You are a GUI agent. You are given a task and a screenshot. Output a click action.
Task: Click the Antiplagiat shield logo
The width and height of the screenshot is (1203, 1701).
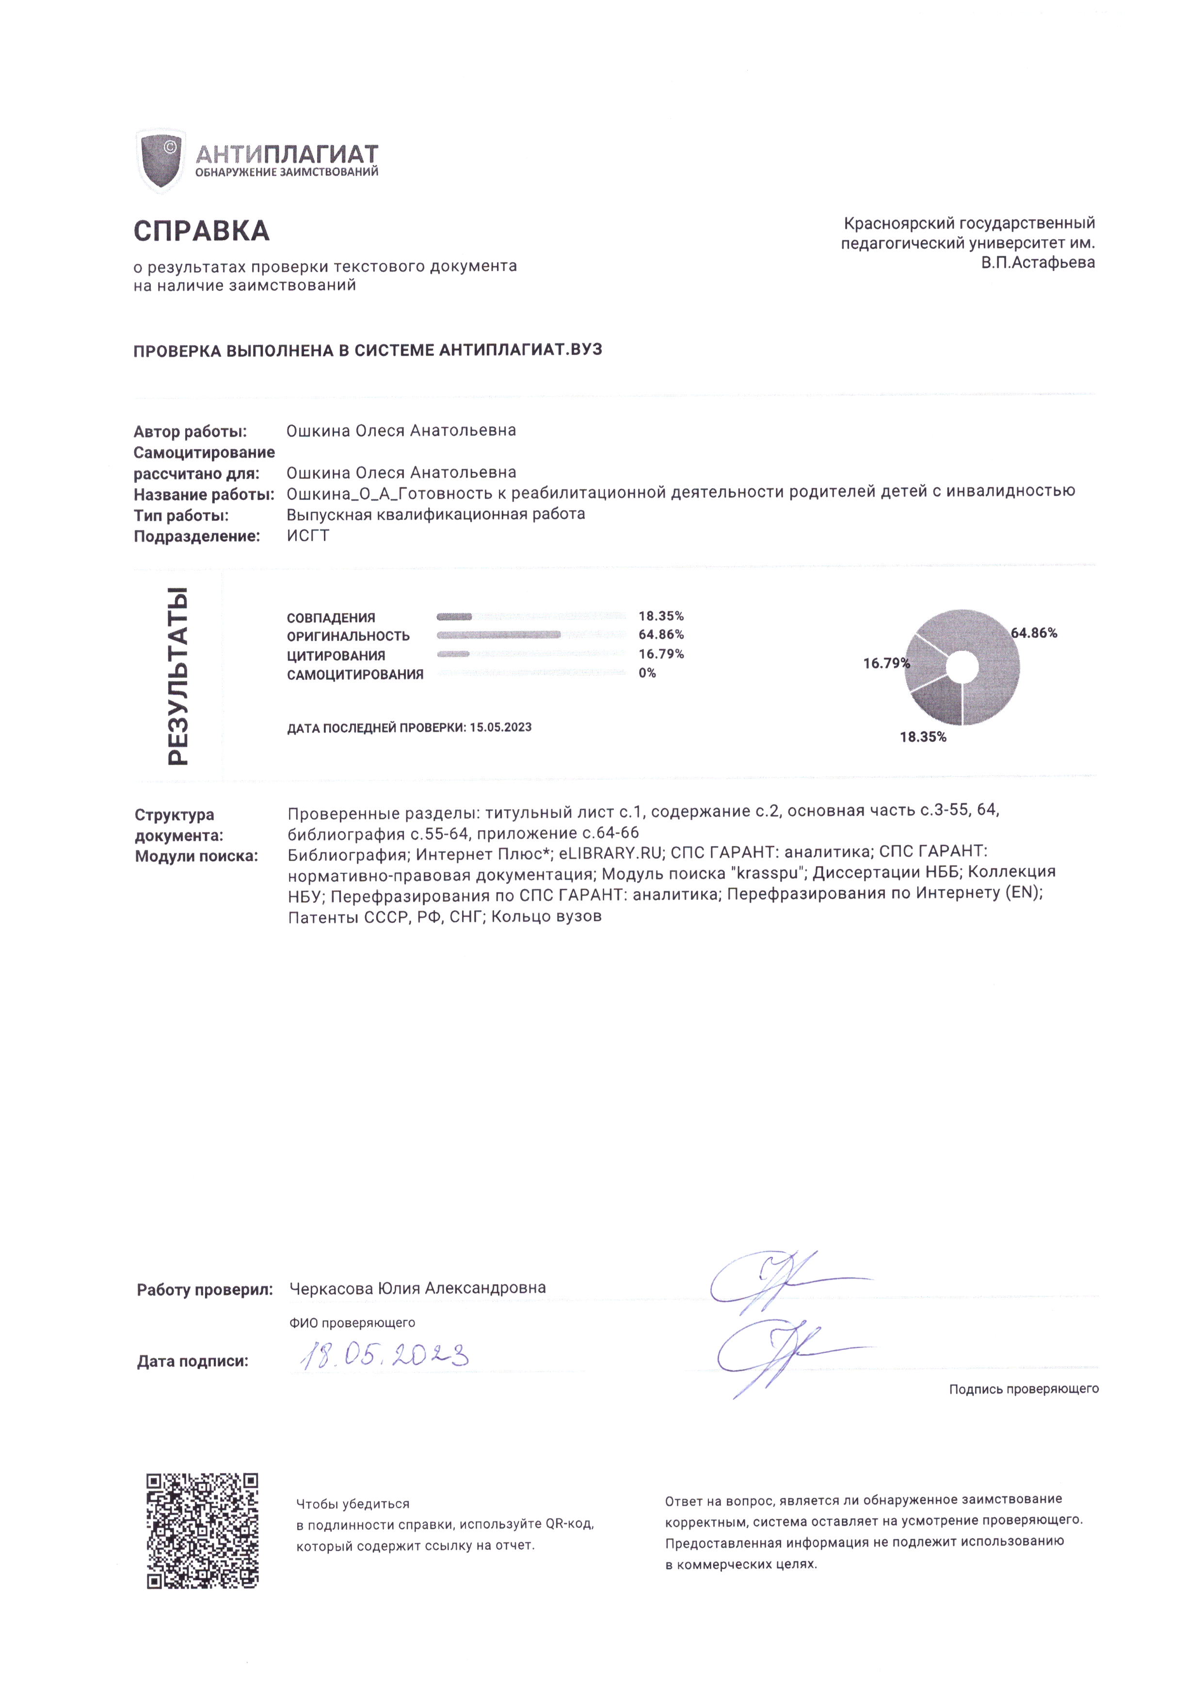pyautogui.click(x=161, y=161)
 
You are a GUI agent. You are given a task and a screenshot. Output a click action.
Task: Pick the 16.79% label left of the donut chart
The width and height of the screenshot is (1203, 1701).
pyautogui.click(x=885, y=663)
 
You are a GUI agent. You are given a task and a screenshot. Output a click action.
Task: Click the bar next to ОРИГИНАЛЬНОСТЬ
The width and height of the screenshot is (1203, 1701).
pyautogui.click(x=498, y=635)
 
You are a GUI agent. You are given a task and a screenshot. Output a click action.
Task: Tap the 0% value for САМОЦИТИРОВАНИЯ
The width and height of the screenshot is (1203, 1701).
pyautogui.click(x=647, y=673)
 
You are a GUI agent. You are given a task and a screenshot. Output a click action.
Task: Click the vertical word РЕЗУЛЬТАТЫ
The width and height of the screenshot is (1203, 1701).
pyautogui.click(x=178, y=675)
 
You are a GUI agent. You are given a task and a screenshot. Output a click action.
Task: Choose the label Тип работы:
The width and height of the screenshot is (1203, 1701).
pyautogui.click(x=181, y=515)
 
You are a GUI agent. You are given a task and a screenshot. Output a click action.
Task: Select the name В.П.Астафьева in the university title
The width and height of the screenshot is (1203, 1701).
pyautogui.click(x=1038, y=262)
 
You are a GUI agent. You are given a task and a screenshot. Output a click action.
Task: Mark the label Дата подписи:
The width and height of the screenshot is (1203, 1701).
pyautogui.click(x=192, y=1361)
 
